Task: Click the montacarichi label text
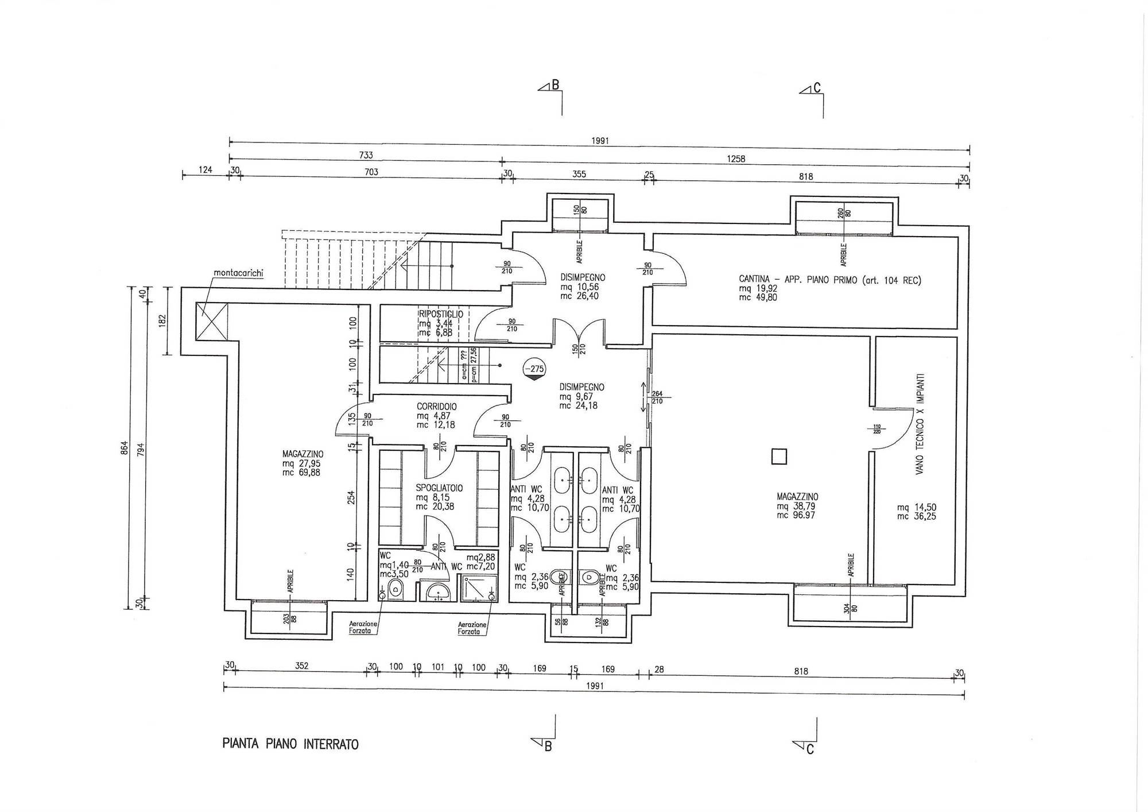238,273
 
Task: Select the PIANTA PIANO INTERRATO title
290,745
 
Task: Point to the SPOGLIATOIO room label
439,488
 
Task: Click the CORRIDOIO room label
437,407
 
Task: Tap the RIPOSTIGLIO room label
441,314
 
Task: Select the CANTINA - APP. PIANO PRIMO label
829,280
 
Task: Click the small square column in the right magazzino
779,457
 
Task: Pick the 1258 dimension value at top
736,159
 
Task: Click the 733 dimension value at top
366,155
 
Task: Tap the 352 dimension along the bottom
302,666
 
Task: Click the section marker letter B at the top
555,86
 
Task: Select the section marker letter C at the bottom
810,749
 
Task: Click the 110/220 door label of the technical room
876,428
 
